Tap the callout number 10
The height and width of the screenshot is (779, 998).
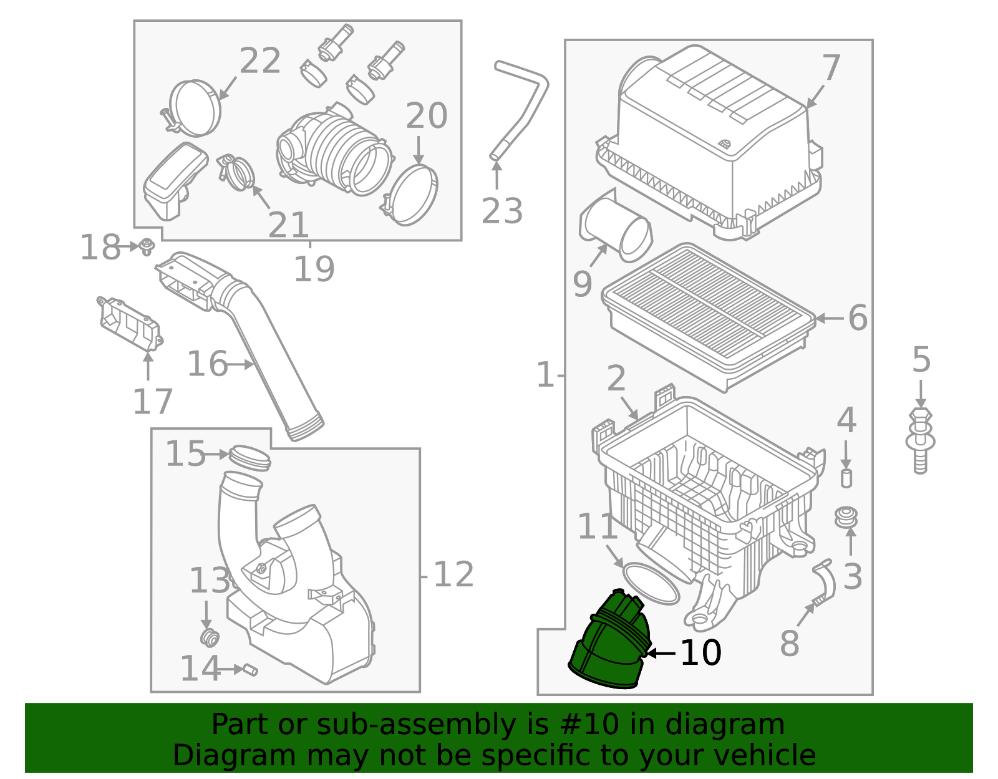pos(700,653)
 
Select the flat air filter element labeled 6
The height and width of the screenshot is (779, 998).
pos(708,315)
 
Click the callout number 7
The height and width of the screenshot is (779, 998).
pos(831,67)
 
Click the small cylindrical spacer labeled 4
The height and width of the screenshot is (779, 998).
pos(846,478)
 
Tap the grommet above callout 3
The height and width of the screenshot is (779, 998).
pos(846,517)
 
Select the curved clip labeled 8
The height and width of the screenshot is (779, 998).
pos(826,583)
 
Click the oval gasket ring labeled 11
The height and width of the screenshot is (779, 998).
pos(651,583)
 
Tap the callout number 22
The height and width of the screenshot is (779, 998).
pos(260,61)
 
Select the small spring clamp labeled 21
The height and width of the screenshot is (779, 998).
pos(236,172)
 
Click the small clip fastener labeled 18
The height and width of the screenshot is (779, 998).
pos(147,246)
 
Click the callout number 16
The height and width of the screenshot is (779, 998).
pos(208,364)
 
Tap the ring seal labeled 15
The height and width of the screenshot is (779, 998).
pos(249,458)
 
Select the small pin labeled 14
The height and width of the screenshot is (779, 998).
pos(251,670)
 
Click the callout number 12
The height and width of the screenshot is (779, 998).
pos(453,574)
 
